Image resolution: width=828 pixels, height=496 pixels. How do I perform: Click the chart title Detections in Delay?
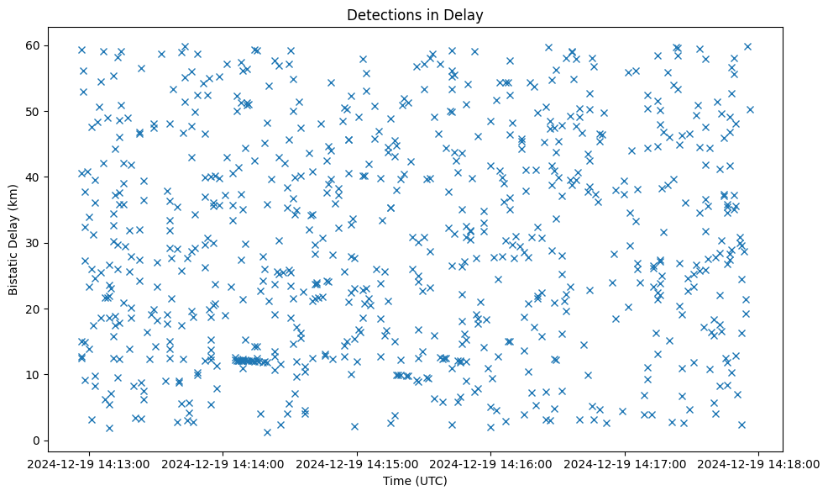pyautogui.click(x=415, y=15)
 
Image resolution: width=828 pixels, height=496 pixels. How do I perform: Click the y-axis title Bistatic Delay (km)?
pyautogui.click(x=13, y=239)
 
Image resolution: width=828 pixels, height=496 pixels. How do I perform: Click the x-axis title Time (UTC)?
pyautogui.click(x=415, y=481)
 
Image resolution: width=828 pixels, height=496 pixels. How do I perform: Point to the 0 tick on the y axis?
pyautogui.click(x=36, y=441)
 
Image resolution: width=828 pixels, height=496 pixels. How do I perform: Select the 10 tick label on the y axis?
pyautogui.click(x=34, y=375)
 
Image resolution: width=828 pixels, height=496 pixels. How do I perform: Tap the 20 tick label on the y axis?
pyautogui.click(x=34, y=309)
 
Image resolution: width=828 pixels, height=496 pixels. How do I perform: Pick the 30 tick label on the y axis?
pyautogui.click(x=34, y=243)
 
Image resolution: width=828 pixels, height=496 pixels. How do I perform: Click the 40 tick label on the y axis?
pyautogui.click(x=34, y=177)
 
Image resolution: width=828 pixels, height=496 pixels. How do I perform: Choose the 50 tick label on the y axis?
pyautogui.click(x=34, y=111)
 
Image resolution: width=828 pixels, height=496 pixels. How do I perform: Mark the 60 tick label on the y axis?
pyautogui.click(x=34, y=45)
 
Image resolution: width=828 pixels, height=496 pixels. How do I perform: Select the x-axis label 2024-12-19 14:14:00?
pyautogui.click(x=223, y=462)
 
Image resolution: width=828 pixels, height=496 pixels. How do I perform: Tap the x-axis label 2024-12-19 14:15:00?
pyautogui.click(x=358, y=462)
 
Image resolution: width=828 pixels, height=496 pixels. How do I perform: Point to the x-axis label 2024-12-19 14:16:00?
pyautogui.click(x=491, y=462)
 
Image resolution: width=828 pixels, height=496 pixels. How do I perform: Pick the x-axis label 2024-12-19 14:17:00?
pyautogui.click(x=626, y=462)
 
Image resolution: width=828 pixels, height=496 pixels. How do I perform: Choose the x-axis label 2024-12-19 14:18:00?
pyautogui.click(x=759, y=462)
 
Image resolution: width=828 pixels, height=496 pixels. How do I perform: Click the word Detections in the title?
pyautogui.click(x=382, y=15)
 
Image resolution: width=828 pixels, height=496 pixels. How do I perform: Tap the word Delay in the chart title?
pyautogui.click(x=466, y=15)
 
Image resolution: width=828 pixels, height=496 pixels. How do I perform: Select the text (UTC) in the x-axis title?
pyautogui.click(x=431, y=481)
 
